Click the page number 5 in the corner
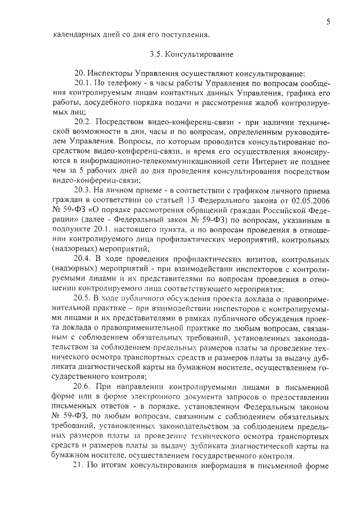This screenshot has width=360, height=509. pyautogui.click(x=327, y=21)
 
